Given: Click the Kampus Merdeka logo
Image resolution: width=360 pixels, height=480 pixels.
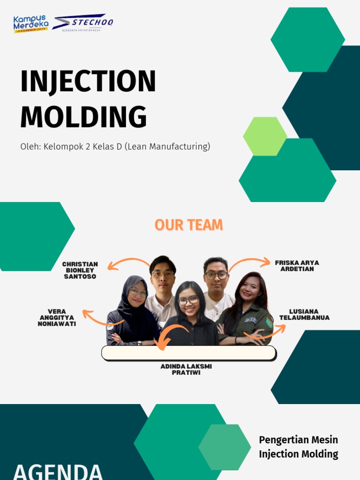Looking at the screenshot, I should (x=30, y=24).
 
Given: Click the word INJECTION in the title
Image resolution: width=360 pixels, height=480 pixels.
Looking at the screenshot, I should (x=88, y=82).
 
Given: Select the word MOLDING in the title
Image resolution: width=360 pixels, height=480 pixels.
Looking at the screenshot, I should (x=83, y=117).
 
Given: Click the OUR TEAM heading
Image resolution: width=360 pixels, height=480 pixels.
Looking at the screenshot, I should (x=188, y=225).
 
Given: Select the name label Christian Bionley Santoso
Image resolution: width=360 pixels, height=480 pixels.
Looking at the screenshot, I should (x=80, y=270).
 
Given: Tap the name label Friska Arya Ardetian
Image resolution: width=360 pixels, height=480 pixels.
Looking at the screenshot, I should (x=297, y=266).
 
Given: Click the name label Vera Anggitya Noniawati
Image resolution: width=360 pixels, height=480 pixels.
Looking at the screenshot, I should (x=57, y=317).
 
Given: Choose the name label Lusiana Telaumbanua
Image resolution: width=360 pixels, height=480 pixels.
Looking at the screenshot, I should (x=304, y=315).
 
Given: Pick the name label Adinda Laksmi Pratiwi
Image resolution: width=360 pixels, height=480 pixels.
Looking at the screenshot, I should (x=186, y=369).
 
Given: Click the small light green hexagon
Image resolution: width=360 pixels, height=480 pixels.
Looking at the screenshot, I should (x=265, y=136).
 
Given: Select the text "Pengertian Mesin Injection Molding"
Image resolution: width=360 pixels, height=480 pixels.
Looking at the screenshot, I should (x=298, y=447).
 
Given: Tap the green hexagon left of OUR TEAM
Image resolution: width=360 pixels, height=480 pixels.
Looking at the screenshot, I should (x=33, y=236).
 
